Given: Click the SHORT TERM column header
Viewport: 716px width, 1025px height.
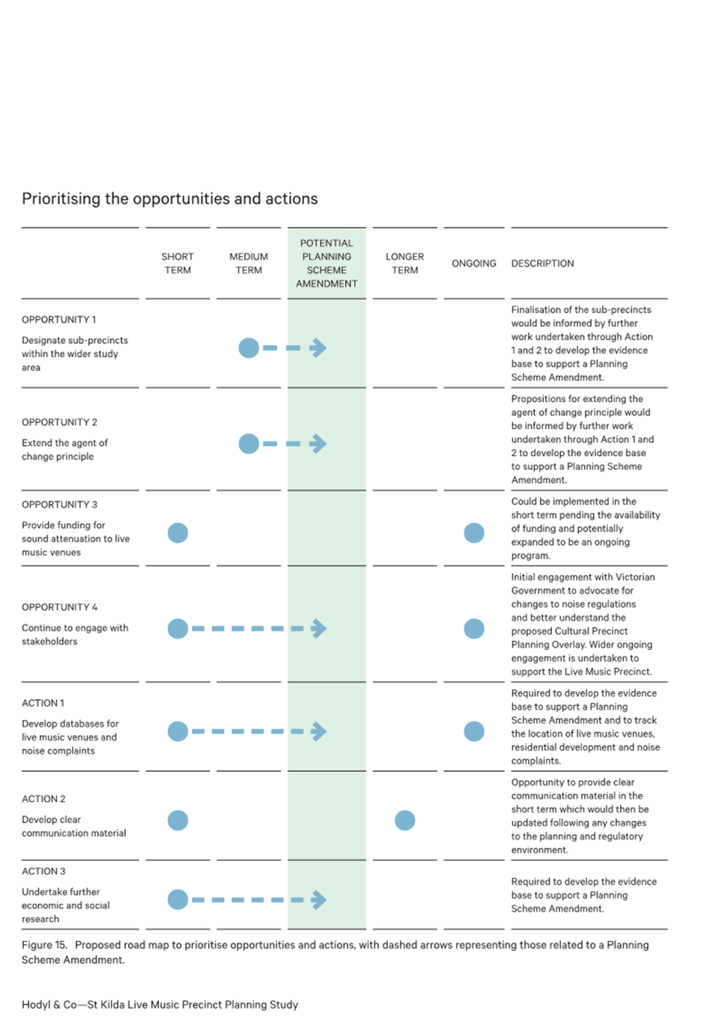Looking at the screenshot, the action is tap(178, 263).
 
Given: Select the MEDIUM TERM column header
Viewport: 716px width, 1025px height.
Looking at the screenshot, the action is tap(249, 263).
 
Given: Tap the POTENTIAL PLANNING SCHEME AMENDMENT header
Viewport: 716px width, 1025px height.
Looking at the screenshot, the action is tap(327, 263).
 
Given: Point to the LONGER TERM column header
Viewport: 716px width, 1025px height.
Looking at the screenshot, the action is tap(404, 263).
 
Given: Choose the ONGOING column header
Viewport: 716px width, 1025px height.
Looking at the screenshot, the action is tap(474, 264).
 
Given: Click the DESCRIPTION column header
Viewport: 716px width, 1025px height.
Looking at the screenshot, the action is tap(542, 264).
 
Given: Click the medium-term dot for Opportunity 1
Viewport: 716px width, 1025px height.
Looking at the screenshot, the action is tap(249, 347).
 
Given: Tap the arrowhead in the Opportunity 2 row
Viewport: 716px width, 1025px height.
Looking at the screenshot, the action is tap(318, 443).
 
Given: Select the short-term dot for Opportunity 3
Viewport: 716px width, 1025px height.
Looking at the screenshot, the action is tap(178, 532).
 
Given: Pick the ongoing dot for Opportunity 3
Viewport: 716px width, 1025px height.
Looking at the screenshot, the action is tap(474, 532).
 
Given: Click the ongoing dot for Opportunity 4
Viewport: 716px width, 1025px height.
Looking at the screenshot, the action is tap(474, 628).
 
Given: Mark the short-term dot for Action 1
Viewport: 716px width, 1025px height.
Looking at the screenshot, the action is tap(178, 732).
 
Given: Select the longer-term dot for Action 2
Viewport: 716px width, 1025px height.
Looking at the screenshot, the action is tap(405, 820).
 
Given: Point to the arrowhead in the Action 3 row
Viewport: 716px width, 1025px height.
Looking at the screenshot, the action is tap(319, 900).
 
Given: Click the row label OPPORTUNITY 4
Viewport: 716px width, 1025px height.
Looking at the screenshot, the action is tap(59, 607).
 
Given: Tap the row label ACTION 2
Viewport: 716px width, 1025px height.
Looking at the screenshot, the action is tap(43, 799).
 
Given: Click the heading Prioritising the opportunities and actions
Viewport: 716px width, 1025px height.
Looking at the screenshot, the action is tap(170, 199).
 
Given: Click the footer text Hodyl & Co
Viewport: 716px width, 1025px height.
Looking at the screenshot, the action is tap(49, 1004).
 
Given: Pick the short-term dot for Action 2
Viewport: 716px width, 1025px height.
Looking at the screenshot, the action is tap(178, 820).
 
